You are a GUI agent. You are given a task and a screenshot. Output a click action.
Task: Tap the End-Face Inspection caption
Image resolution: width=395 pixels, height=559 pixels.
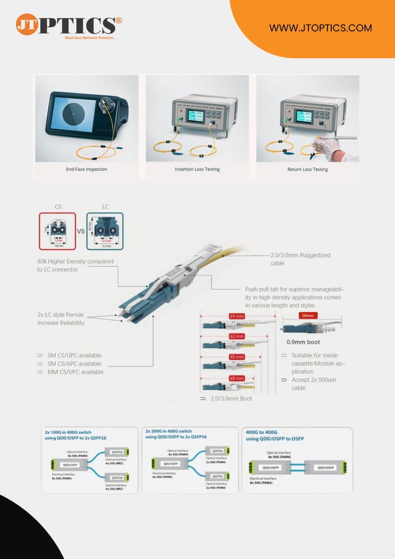(x=87, y=169)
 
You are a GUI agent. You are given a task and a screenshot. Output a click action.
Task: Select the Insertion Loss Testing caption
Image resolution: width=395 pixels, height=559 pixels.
(x=197, y=169)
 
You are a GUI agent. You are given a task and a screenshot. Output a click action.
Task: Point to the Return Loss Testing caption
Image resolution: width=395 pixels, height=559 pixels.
(x=308, y=169)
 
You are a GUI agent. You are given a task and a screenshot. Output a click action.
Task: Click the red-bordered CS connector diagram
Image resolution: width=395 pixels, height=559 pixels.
(x=57, y=231)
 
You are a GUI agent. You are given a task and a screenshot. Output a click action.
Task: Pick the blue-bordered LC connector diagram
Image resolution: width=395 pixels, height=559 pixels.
(x=105, y=231)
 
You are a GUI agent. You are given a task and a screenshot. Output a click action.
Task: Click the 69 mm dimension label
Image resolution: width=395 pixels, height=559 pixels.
(x=237, y=316)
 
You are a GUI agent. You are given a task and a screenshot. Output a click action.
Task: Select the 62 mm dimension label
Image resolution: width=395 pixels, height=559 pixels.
(x=237, y=337)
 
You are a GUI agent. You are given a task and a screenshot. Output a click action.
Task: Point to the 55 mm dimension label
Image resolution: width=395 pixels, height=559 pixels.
(x=237, y=358)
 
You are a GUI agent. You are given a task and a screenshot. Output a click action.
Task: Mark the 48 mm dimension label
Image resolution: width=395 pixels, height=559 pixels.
(x=237, y=378)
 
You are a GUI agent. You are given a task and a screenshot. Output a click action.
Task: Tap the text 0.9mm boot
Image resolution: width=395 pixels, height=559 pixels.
(x=303, y=342)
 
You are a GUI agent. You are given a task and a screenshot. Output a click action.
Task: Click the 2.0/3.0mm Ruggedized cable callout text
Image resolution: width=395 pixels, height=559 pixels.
(x=300, y=259)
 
